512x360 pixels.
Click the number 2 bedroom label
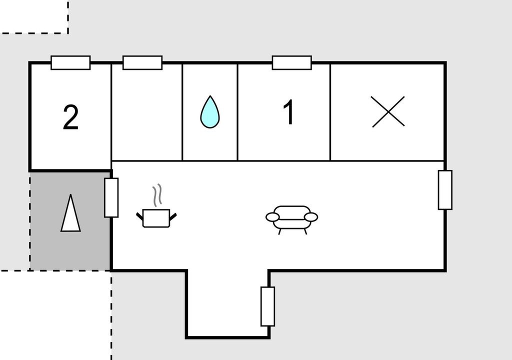click(70, 117)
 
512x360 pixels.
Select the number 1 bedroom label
click(289, 112)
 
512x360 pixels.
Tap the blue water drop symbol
click(210, 111)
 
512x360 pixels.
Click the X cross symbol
click(388, 111)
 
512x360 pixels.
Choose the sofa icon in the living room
click(291, 220)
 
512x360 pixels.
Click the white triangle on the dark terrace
click(70, 213)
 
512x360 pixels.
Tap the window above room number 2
click(70, 62)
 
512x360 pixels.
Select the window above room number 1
click(292, 62)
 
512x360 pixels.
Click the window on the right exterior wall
click(445, 190)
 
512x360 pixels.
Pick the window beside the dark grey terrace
click(111, 197)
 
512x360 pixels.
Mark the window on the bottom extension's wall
click(268, 306)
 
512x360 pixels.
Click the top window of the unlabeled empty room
click(142, 62)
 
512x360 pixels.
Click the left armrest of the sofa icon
click(272, 217)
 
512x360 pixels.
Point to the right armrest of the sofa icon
click(311, 217)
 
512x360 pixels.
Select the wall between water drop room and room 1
click(237, 112)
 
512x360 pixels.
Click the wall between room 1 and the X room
click(330, 112)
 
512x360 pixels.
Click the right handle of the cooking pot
click(172, 217)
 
